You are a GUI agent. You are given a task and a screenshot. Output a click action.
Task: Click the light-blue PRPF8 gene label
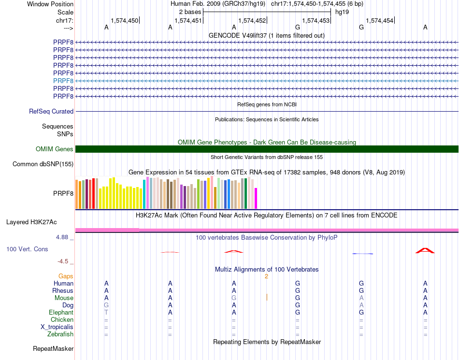click(x=63, y=81)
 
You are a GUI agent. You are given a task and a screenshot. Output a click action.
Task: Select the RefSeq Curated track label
click(x=51, y=111)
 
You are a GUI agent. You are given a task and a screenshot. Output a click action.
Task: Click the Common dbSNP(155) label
click(x=43, y=164)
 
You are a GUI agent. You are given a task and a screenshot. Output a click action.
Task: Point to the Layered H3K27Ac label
click(x=31, y=222)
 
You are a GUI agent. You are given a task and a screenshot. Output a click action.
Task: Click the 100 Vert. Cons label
click(x=27, y=249)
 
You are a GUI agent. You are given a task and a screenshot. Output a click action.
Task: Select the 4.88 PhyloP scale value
click(x=62, y=237)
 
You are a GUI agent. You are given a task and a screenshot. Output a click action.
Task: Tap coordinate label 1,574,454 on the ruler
click(x=379, y=20)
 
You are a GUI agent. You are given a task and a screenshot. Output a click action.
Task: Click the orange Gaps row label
click(x=66, y=276)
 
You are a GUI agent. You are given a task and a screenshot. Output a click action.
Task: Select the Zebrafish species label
click(x=60, y=334)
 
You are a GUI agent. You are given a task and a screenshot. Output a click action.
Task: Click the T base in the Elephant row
click(x=106, y=312)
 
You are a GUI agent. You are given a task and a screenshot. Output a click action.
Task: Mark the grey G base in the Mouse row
click(x=234, y=298)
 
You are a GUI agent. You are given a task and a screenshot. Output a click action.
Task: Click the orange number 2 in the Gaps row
click(x=266, y=276)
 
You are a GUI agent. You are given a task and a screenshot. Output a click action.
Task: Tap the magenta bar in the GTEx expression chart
click(x=256, y=198)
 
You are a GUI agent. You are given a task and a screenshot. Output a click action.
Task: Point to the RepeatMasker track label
click(x=53, y=348)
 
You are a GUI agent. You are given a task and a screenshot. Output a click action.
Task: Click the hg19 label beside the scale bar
click(x=342, y=12)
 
